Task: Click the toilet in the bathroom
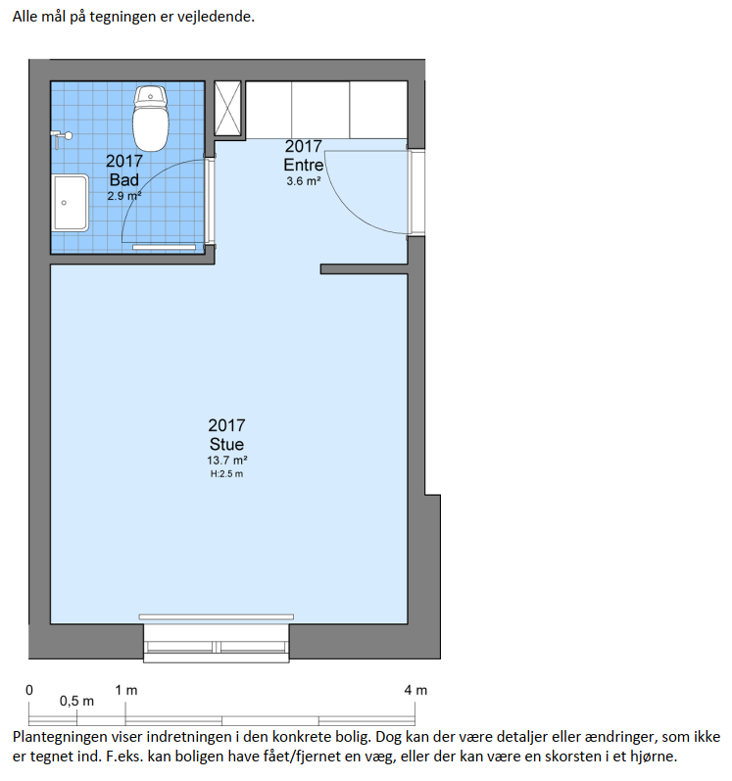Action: point(150,119)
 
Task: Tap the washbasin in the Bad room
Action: point(71,203)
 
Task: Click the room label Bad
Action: point(124,179)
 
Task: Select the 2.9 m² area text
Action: point(124,196)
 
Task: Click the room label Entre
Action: point(303,165)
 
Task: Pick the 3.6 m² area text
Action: point(303,181)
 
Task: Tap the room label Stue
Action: point(226,444)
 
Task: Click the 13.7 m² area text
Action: point(227,461)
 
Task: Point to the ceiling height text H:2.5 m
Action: point(226,473)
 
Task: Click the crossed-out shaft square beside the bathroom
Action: point(227,108)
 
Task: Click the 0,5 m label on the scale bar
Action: point(76,702)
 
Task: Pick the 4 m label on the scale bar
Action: point(415,690)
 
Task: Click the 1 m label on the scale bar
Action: point(126,690)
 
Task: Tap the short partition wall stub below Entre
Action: point(364,268)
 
